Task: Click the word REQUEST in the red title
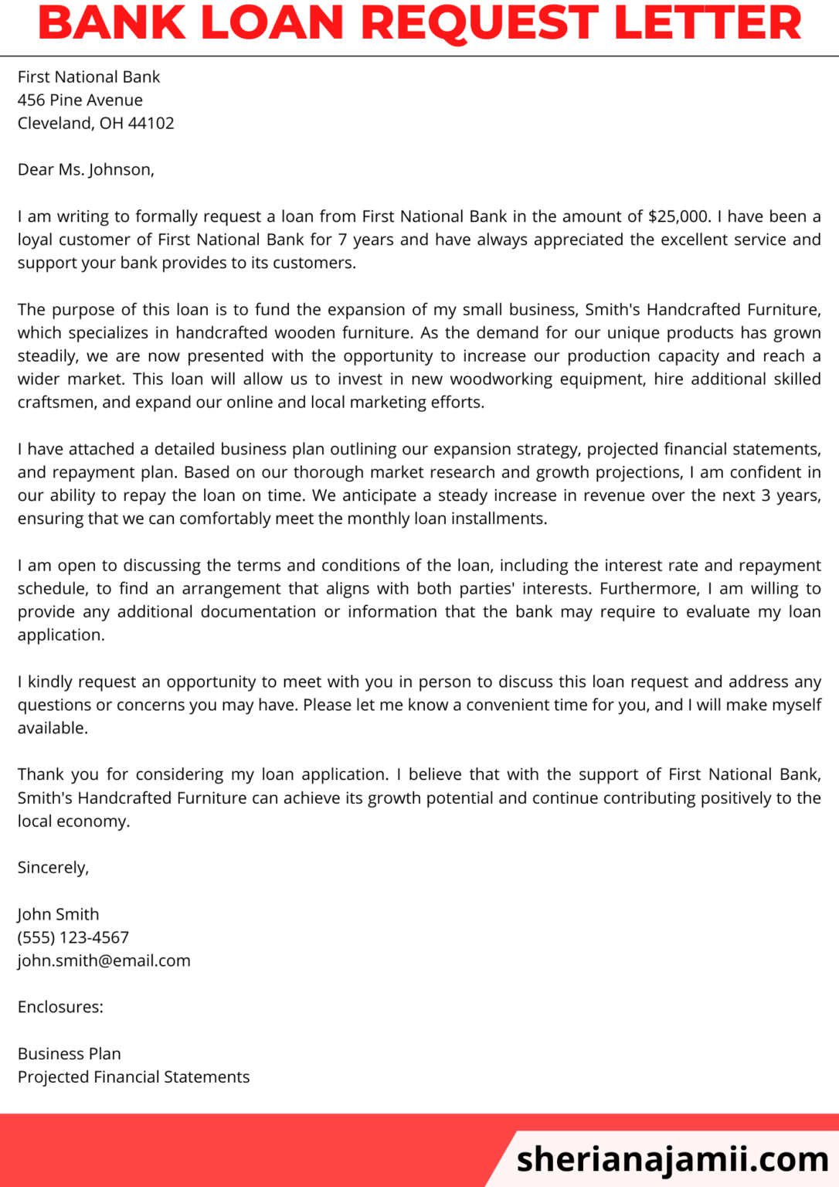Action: [x=480, y=23]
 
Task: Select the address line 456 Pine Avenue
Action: [x=80, y=100]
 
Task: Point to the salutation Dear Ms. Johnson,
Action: [x=86, y=170]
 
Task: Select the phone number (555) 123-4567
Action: [x=73, y=937]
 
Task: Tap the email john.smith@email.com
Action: [x=104, y=961]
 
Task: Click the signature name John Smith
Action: [x=59, y=914]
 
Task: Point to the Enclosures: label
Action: [x=60, y=1007]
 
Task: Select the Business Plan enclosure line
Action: [x=70, y=1054]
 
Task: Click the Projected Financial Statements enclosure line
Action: [x=134, y=1077]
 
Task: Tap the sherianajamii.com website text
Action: [x=672, y=1159]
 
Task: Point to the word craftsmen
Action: [x=56, y=403]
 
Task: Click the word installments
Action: [x=499, y=519]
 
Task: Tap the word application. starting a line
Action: [x=61, y=635]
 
